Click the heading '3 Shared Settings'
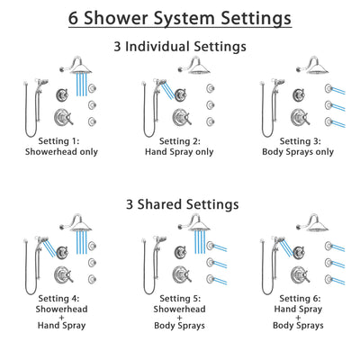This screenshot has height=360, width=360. coord(180,205)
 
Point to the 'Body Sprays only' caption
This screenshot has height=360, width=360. coord(299,152)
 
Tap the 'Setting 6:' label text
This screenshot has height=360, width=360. coord(301,298)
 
